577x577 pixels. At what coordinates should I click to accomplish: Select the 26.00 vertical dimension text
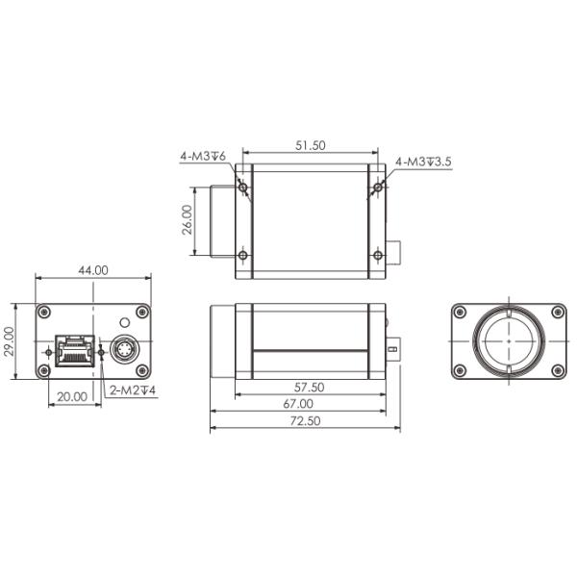pyautogui.click(x=188, y=220)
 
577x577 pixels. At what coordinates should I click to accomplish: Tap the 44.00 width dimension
pyautogui.click(x=93, y=270)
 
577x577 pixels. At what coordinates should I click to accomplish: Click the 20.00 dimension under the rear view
pyautogui.click(x=72, y=394)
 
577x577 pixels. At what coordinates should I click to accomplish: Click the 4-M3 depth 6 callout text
pyautogui.click(x=202, y=155)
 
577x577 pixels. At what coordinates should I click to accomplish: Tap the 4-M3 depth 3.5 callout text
pyautogui.click(x=424, y=162)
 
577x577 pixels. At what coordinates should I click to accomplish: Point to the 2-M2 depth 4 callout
pyautogui.click(x=134, y=390)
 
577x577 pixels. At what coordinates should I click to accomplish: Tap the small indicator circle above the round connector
pyautogui.click(x=123, y=321)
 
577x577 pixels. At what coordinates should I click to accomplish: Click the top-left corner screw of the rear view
pyautogui.click(x=44, y=311)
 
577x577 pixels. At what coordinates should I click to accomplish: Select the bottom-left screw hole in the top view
pyautogui.click(x=243, y=255)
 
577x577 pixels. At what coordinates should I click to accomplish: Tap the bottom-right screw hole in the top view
pyautogui.click(x=377, y=255)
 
